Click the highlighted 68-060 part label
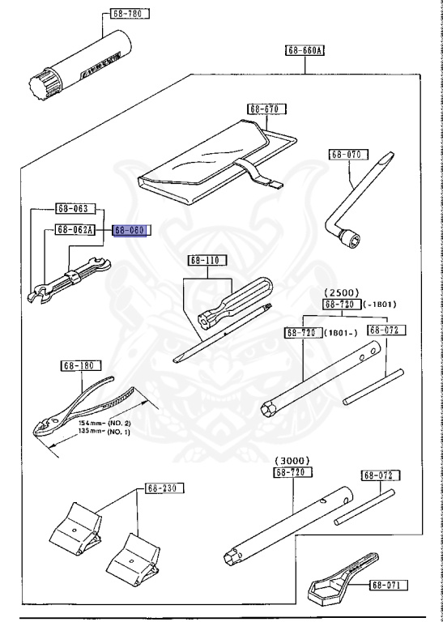130,230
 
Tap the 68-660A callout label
305,50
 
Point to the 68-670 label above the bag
266,109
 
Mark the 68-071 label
390,584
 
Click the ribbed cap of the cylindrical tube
40,84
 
